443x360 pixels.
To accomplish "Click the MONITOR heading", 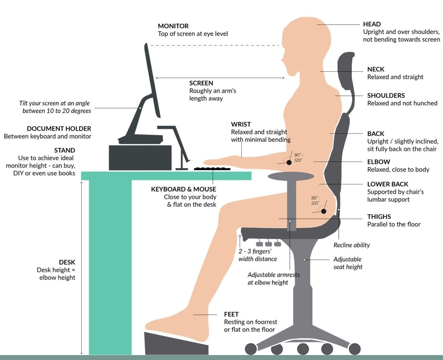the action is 173,26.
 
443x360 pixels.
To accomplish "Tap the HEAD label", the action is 372,24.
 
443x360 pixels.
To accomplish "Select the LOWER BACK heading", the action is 388,184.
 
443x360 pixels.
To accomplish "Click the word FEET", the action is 231,314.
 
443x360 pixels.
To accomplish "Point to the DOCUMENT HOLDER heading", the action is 59,129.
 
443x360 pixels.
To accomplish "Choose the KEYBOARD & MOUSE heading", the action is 183,189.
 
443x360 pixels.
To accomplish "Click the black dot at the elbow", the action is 289,163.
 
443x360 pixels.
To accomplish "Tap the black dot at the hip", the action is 323,211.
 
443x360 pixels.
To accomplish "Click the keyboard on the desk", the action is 212,169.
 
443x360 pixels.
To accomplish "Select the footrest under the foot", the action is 176,344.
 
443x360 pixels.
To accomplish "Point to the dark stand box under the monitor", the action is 140,158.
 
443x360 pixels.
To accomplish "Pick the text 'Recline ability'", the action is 352,245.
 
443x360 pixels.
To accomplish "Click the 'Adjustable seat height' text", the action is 348,263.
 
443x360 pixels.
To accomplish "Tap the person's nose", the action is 283,60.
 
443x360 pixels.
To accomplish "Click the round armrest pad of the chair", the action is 291,176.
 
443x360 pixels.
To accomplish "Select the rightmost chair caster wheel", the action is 355,349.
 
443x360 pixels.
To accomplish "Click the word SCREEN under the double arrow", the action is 201,83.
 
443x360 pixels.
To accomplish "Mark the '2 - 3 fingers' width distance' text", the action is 258,255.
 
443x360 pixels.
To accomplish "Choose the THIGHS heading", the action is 379,217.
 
